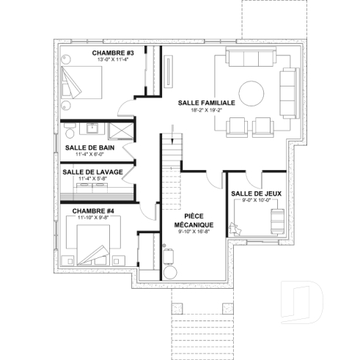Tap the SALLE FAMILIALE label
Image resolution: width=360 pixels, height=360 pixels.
tap(206, 103)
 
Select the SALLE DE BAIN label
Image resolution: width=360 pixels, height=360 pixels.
tap(89, 147)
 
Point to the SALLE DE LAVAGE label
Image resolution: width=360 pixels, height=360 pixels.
tap(87, 172)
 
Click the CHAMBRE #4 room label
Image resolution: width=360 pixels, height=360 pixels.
tap(92, 210)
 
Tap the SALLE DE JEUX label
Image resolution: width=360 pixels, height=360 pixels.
tap(251, 194)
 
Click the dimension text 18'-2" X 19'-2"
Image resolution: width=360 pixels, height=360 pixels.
tap(206, 111)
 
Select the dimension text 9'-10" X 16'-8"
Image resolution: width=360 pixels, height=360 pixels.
tap(194, 232)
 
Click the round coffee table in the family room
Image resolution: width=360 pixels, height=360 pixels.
tap(251, 92)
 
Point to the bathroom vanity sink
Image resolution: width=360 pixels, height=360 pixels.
tap(92, 129)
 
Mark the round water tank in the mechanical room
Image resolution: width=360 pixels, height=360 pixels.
tap(169, 272)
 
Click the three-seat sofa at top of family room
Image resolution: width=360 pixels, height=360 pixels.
tap(251, 59)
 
